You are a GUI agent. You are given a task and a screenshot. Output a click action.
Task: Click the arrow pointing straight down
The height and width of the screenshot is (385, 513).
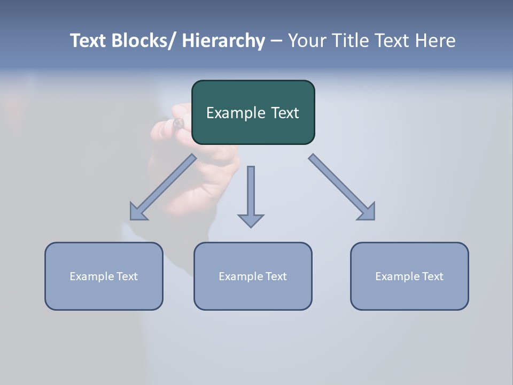(251, 196)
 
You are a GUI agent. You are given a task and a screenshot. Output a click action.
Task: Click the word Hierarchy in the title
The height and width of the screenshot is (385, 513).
(223, 41)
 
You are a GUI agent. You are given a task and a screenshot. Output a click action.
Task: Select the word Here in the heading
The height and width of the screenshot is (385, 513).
(435, 41)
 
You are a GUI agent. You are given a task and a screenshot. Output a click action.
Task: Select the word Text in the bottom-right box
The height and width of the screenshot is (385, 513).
(432, 276)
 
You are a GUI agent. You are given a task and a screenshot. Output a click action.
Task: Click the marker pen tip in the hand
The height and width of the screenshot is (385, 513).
(178, 123)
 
